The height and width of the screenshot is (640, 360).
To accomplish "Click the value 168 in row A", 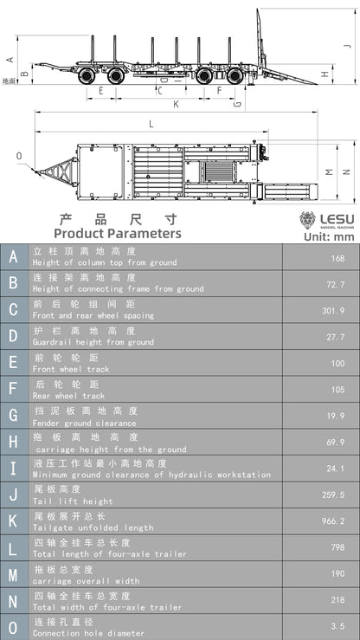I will pyautogui.click(x=337, y=257).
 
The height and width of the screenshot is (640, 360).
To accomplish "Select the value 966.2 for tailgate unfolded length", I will pyautogui.click(x=332, y=521).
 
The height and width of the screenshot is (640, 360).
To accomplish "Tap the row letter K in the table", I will pyautogui.click(x=13, y=521).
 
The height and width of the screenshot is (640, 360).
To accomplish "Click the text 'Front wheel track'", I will pyautogui.click(x=70, y=369).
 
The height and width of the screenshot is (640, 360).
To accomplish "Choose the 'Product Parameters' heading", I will pyautogui.click(x=118, y=233).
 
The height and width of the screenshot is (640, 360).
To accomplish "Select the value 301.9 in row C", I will pyautogui.click(x=332, y=310).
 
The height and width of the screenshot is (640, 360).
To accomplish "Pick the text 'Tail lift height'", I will pyautogui.click(x=73, y=501).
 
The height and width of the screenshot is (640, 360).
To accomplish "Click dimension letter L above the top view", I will pyautogui.click(x=151, y=124).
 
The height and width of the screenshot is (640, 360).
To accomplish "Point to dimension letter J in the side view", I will pyautogui.click(x=346, y=45).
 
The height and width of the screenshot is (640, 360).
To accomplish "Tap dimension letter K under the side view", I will pyautogui.click(x=176, y=104).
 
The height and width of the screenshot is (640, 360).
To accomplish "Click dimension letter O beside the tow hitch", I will pyautogui.click(x=19, y=156).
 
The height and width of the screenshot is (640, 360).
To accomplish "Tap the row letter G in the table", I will pyautogui.click(x=13, y=416).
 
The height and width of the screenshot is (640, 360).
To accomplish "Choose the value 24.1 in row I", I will pyautogui.click(x=335, y=469).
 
